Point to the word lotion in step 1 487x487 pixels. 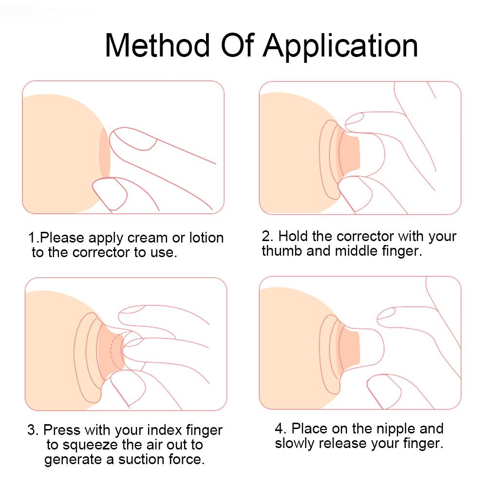(x=204, y=238)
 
